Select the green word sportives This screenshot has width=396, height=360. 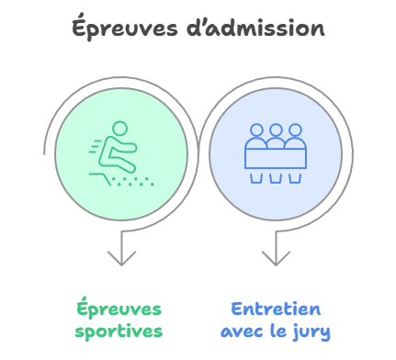pyautogui.click(x=119, y=330)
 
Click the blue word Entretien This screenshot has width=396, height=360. pyautogui.click(x=276, y=309)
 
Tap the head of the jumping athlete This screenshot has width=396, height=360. pyautogui.click(x=119, y=129)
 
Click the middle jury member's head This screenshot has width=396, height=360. pyautogui.click(x=275, y=130)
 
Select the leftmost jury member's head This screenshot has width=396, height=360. pyautogui.click(x=256, y=130)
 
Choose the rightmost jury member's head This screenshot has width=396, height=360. pyautogui.click(x=293, y=130)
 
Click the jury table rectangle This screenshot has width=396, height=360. pyautogui.click(x=275, y=157)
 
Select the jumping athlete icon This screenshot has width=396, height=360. pyautogui.click(x=119, y=152)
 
